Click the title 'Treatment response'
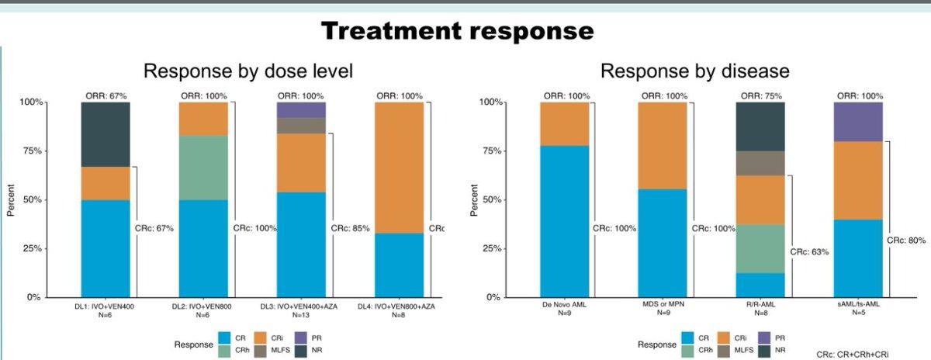point(457,31)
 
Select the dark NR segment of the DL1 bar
point(106,135)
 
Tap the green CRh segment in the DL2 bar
point(203,168)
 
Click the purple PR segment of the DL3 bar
point(301,110)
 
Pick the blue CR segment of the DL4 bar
point(399,265)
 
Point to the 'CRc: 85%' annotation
point(350,228)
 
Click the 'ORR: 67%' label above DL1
point(106,96)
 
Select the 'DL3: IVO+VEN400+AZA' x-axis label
point(299,306)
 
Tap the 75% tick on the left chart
point(32,151)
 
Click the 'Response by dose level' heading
point(248,71)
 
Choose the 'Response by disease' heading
point(695,71)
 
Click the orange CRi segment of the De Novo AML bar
point(565,124)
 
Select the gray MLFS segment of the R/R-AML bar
point(760,164)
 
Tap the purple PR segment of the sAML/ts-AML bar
point(858,122)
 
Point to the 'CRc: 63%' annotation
point(809,252)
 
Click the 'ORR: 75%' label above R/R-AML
point(761,96)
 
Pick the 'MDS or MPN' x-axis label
point(663,304)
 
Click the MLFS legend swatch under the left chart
point(261,351)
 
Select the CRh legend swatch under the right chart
point(688,351)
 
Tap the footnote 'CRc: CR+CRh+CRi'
point(853,355)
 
